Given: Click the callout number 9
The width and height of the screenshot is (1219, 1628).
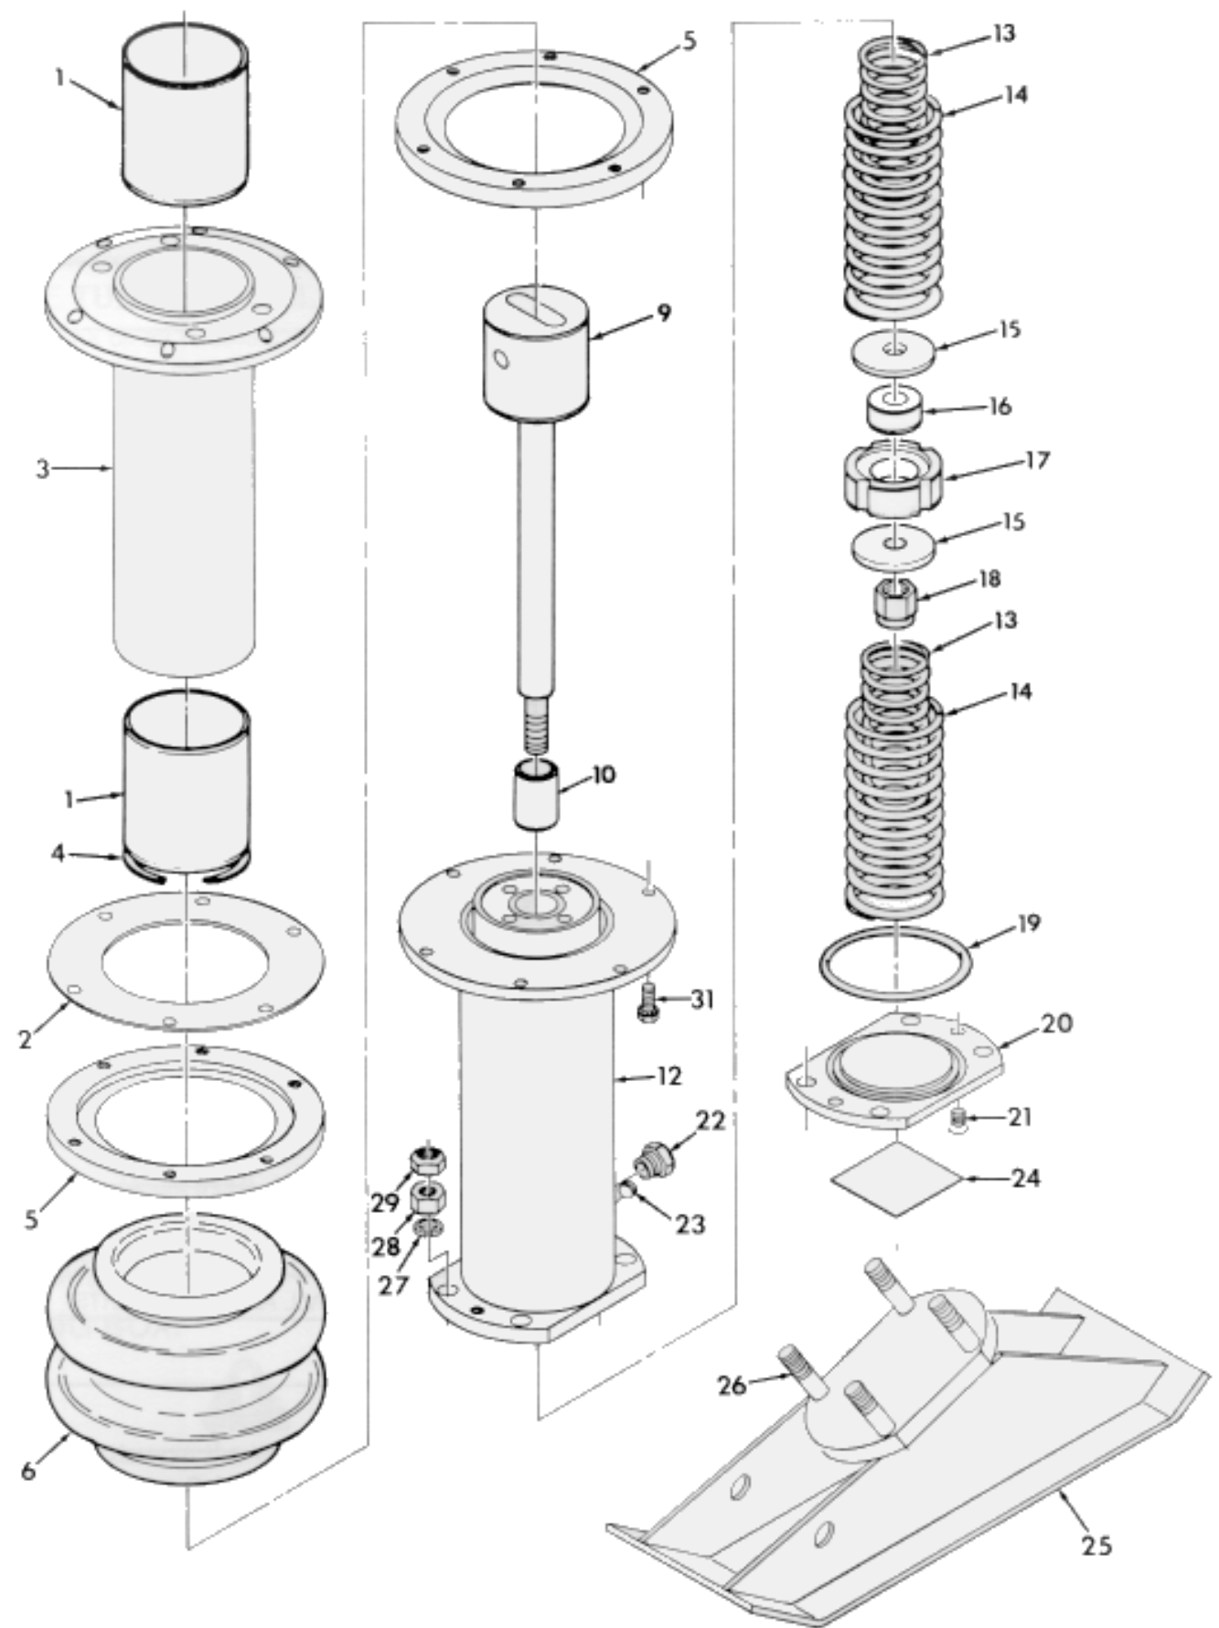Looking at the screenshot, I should point(664,314).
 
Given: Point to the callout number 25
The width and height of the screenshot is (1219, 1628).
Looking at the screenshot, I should point(1096,1545).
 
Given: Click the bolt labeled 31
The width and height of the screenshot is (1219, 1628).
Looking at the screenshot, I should point(646,1001).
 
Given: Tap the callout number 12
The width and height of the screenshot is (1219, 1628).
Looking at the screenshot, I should point(669,1076).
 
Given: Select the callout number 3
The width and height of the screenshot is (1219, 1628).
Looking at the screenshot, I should point(42,470).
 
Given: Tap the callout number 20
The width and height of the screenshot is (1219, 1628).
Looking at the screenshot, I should point(1056,1023).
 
